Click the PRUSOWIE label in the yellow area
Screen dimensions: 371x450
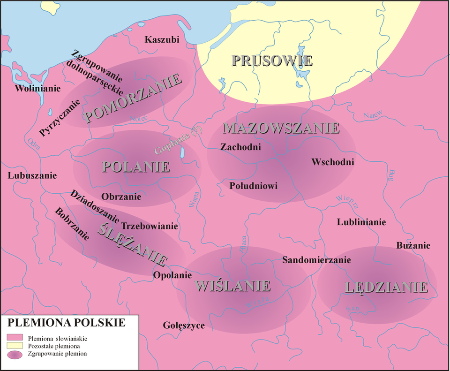coord(272,61)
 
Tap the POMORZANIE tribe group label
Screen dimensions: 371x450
coord(134,99)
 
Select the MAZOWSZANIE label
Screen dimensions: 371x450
coord(281,128)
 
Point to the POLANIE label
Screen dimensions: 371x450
coord(136,167)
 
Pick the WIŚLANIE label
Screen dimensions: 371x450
coord(233,286)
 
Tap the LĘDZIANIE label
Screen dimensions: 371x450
coord(386,288)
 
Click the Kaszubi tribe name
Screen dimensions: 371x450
coord(162,40)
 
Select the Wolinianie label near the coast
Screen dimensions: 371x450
coord(37,89)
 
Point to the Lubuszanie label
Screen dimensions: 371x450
coord(32,176)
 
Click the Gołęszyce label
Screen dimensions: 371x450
coord(184,325)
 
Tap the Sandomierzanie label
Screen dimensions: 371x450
coord(316,260)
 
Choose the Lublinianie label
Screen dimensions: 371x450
coord(361,222)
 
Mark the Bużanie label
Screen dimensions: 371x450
coord(413,245)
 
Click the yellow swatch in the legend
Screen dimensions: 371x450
coord(15,346)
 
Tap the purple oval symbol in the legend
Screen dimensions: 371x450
coord(15,354)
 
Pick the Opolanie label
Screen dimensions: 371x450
coord(172,275)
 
